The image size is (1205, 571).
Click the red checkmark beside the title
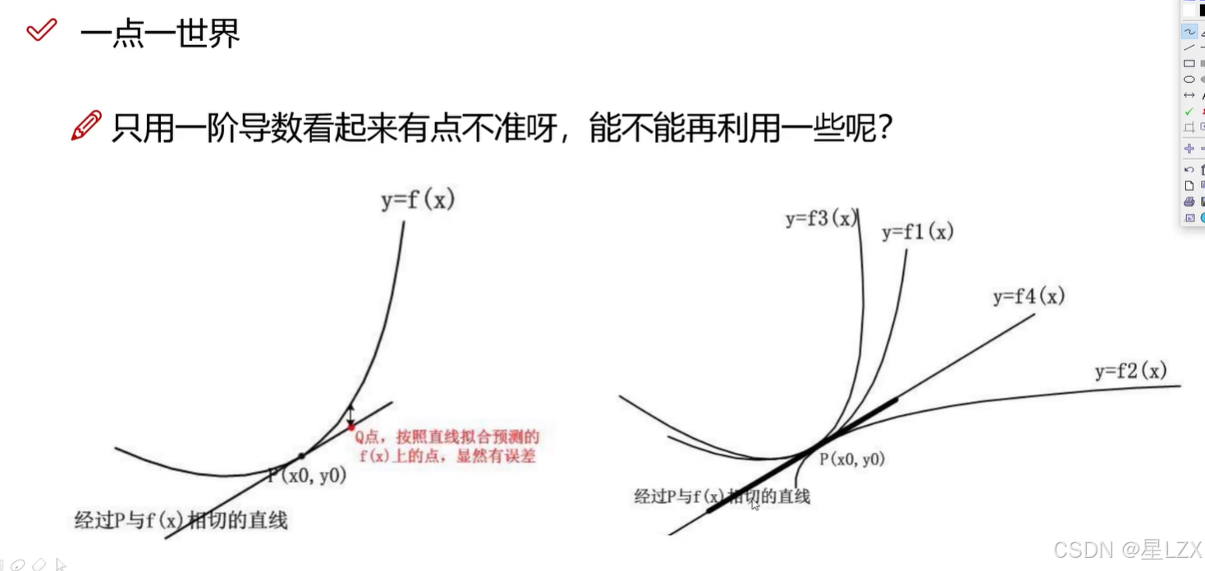pyautogui.click(x=41, y=30)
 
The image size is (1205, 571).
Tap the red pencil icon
pyautogui.click(x=86, y=126)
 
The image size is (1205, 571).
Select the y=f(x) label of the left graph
pyautogui.click(x=417, y=200)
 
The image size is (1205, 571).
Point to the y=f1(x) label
pyautogui.click(x=917, y=232)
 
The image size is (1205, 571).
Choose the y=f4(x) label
pyautogui.click(x=1028, y=296)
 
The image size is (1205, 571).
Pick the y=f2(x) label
pyautogui.click(x=1130, y=371)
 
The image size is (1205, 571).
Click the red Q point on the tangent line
pyautogui.click(x=351, y=427)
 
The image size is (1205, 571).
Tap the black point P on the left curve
pyautogui.click(x=301, y=455)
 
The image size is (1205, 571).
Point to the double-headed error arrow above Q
pyautogui.click(x=351, y=413)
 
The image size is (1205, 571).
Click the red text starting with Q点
pyautogui.click(x=447, y=445)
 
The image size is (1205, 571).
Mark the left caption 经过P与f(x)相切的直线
pyautogui.click(x=181, y=520)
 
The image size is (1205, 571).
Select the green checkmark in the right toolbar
pyautogui.click(x=1189, y=112)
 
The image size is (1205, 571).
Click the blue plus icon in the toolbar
pyautogui.click(x=1189, y=148)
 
